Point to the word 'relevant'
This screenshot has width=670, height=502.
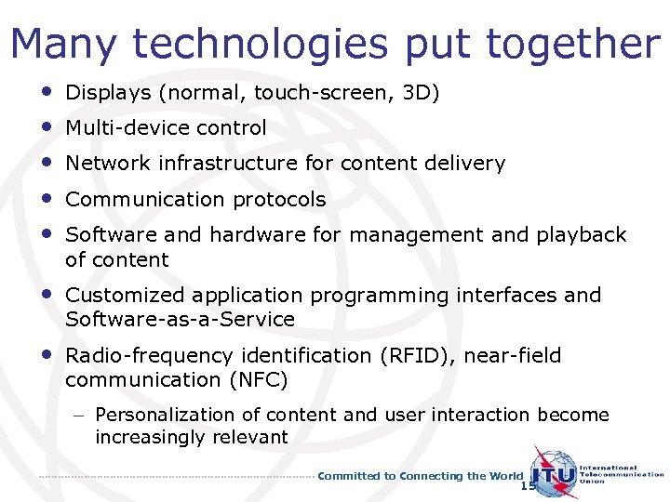(x=251, y=438)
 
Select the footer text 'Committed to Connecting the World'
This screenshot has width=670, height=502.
(x=421, y=476)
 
